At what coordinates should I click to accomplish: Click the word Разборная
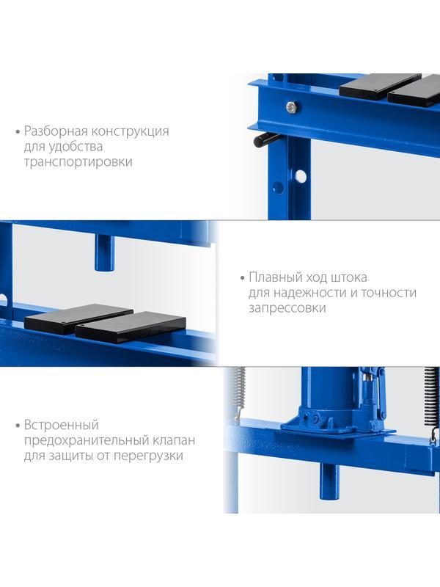(x=56, y=131)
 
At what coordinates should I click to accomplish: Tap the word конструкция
(x=131, y=131)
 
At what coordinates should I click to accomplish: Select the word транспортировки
(x=78, y=162)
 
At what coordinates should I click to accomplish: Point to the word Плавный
(x=276, y=277)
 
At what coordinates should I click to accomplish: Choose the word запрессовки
(x=287, y=308)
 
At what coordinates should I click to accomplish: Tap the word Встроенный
(x=62, y=425)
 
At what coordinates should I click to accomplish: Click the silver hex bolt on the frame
(x=291, y=107)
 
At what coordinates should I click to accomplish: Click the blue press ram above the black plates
(x=104, y=253)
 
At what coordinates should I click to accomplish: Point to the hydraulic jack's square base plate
(x=337, y=431)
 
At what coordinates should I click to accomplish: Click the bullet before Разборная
(x=18, y=132)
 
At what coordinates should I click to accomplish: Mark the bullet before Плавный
(x=242, y=278)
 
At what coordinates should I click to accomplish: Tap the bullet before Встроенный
(x=18, y=426)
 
